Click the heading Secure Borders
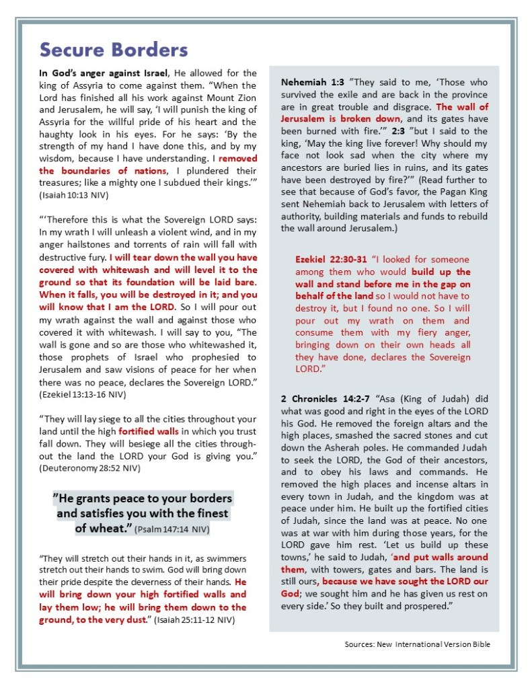point(114,50)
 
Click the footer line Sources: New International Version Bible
point(417,644)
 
